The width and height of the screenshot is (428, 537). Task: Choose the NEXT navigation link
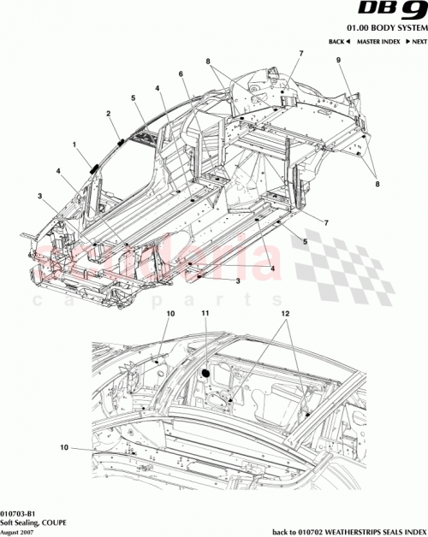click(417, 42)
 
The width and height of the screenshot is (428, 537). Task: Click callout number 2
click(108, 113)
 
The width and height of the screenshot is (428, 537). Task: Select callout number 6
click(181, 74)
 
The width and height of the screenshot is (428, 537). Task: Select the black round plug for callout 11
click(205, 373)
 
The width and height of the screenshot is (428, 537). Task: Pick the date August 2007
click(18, 529)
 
